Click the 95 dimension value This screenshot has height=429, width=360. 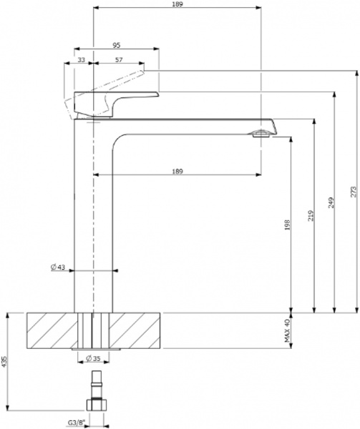click(x=116, y=45)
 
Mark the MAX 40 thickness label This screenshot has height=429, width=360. click(x=286, y=331)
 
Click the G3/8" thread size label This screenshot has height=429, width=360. click(x=77, y=423)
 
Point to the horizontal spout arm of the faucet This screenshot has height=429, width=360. click(x=193, y=124)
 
